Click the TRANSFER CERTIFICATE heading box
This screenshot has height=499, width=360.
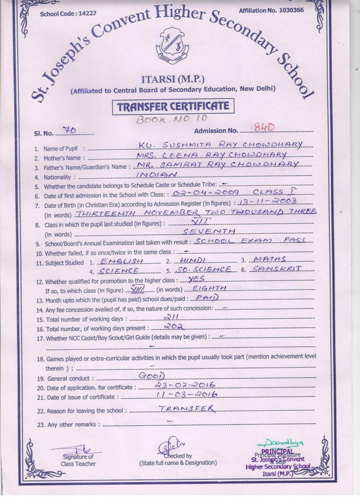pyautogui.click(x=173, y=106)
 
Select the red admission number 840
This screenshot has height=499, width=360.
pyautogui.click(x=264, y=128)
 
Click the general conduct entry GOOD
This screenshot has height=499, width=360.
pyautogui.click(x=155, y=375)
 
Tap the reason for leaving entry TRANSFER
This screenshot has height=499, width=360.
pyautogui.click(x=185, y=409)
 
